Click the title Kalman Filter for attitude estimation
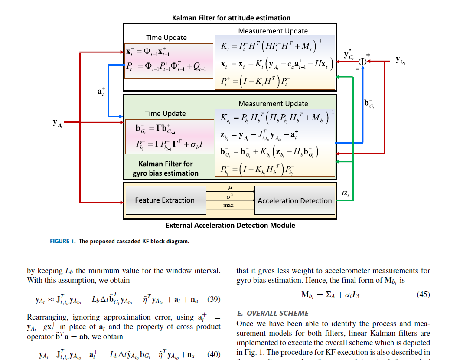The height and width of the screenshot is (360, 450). pyautogui.click(x=231, y=18)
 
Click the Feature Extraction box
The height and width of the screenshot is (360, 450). pyautogui.click(x=165, y=200)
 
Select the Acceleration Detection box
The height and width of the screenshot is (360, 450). pyautogui.click(x=294, y=201)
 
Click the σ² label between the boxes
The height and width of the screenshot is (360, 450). pyautogui.click(x=230, y=196)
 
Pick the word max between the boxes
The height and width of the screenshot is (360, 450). pyautogui.click(x=228, y=205)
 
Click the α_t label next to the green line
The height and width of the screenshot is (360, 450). pyautogui.click(x=345, y=194)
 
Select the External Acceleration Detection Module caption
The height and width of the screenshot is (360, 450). pyautogui.click(x=230, y=226)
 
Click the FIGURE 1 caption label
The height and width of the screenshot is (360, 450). pyautogui.click(x=63, y=241)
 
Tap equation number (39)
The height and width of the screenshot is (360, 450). pyautogui.click(x=214, y=299)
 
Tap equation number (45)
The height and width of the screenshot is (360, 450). pyautogui.click(x=423, y=295)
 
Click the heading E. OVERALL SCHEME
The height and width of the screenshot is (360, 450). pyautogui.click(x=273, y=313)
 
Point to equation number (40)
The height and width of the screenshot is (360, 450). pyautogui.click(x=214, y=354)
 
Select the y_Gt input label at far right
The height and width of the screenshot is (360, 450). pyautogui.click(x=400, y=60)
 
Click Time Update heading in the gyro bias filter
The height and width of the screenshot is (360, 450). pyautogui.click(x=165, y=114)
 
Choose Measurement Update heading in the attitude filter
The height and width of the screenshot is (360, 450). pyautogui.click(x=273, y=31)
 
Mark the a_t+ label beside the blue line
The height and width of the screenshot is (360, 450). pyautogui.click(x=101, y=92)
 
